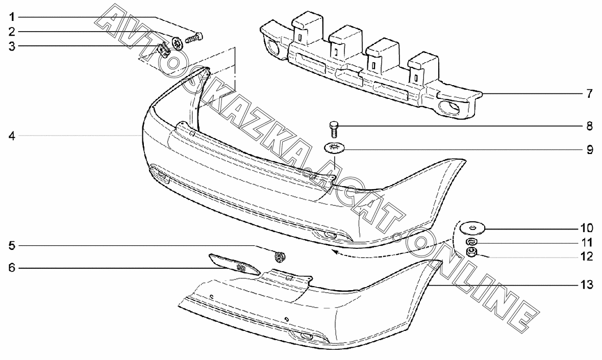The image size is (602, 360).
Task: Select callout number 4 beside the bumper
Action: (x=11, y=136)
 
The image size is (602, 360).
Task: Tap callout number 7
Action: (x=589, y=94)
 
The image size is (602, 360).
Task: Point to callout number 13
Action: (x=586, y=285)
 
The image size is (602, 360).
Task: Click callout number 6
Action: (x=11, y=267)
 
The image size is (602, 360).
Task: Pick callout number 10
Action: (x=586, y=227)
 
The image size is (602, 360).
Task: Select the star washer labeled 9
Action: (x=335, y=148)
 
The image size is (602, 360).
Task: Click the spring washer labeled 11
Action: (x=472, y=242)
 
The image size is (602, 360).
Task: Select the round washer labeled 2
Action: (x=178, y=43)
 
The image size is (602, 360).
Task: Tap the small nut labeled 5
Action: (x=279, y=256)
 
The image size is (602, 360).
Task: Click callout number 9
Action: (x=589, y=150)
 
